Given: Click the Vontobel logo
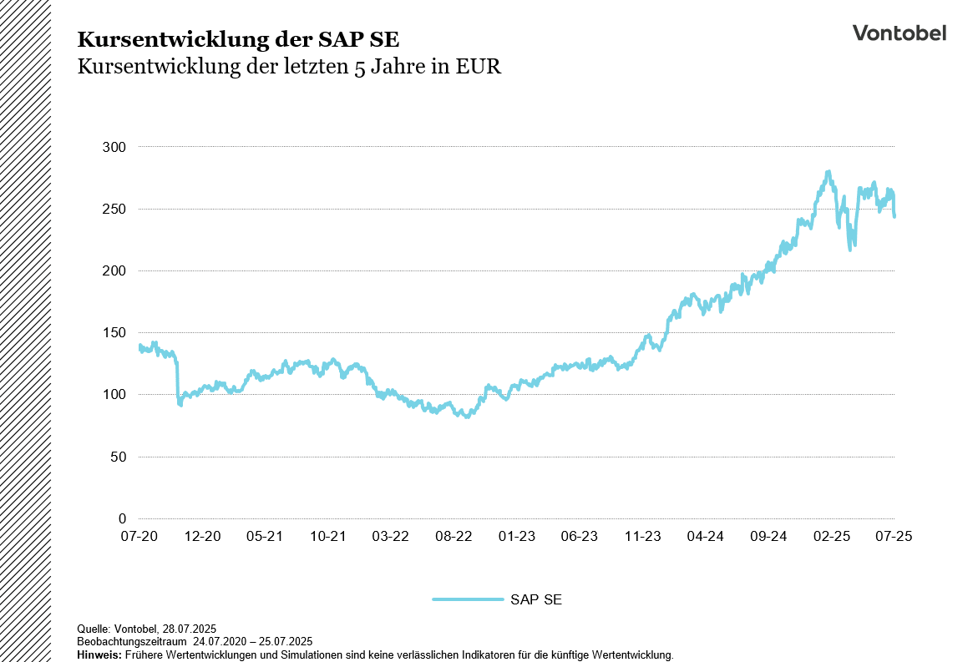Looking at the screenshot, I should pos(899,33).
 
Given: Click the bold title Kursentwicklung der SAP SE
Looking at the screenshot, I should pos(238,39).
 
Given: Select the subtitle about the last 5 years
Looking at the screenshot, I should pos(289,67).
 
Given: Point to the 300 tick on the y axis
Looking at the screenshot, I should pos(114,147).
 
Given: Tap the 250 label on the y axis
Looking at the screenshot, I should pos(114,209).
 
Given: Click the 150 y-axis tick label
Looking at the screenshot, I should pos(114,332).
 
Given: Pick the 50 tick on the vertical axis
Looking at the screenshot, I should pos(118,457).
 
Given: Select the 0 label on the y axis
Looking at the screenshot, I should pos(122,518).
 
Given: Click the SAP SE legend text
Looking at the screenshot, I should pos(535,599).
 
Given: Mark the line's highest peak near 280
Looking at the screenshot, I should pos(828,172).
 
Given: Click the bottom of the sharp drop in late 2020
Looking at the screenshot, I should pos(180,405).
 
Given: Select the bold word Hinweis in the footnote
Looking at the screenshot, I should pos(99,655).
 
